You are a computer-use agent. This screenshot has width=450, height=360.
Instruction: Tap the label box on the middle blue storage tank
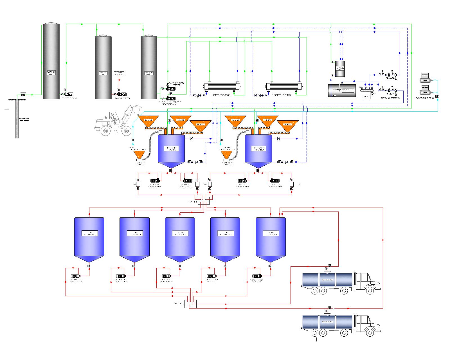click(x=180, y=233)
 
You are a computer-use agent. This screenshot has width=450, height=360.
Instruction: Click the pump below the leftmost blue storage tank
click(x=75, y=276)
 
